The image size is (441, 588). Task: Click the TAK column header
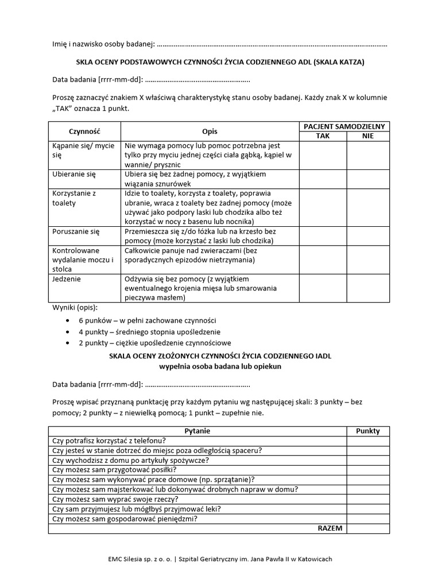[x=323, y=136]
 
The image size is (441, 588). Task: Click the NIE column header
[x=367, y=136]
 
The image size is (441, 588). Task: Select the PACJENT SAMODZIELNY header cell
[x=345, y=126]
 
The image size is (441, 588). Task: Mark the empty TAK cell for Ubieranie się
[x=323, y=179]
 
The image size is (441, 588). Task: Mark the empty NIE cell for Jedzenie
[x=367, y=288]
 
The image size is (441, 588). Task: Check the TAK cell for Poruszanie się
[x=323, y=236]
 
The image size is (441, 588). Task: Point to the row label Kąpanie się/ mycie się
[x=83, y=150]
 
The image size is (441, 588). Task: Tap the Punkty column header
[x=367, y=431]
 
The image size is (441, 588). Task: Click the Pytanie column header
[x=198, y=431]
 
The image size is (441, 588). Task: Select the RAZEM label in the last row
[x=330, y=528]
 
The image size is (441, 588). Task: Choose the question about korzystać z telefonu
[x=109, y=440]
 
